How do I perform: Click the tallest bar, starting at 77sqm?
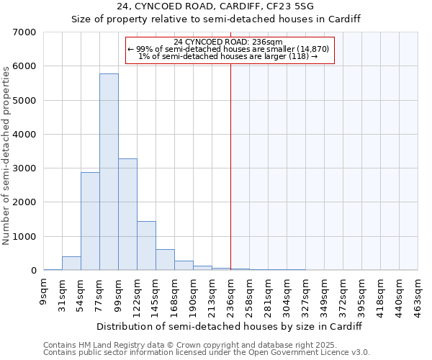[x=109, y=172]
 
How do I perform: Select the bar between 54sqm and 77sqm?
[x=90, y=221]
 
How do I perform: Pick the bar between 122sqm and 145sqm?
[x=146, y=246]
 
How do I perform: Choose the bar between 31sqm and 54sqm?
[x=71, y=264]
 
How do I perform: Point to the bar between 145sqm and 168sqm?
[x=165, y=260]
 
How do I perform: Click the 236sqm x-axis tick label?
[x=231, y=294]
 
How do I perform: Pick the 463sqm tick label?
[x=418, y=294]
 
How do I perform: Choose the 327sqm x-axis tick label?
[x=306, y=294]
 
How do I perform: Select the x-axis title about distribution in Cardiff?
[x=231, y=326]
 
